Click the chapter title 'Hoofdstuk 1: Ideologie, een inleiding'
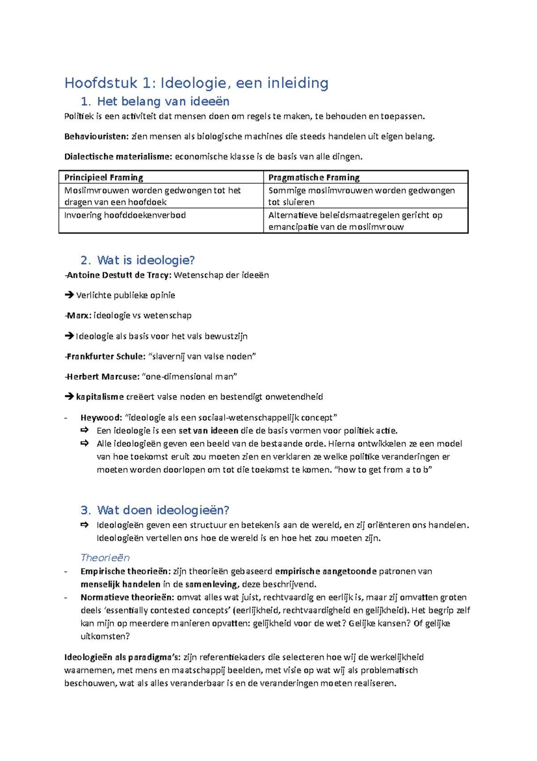(x=196, y=83)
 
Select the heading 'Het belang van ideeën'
(x=163, y=102)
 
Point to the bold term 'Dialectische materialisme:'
(x=118, y=157)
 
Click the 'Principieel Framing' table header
(x=103, y=177)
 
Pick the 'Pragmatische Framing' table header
(x=314, y=177)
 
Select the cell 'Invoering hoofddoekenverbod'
(x=125, y=216)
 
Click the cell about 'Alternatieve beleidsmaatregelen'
(x=355, y=221)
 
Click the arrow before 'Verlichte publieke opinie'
(x=69, y=295)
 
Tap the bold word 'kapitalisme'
(x=100, y=397)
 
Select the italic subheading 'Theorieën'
(x=105, y=558)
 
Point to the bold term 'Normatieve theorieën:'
(x=127, y=597)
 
